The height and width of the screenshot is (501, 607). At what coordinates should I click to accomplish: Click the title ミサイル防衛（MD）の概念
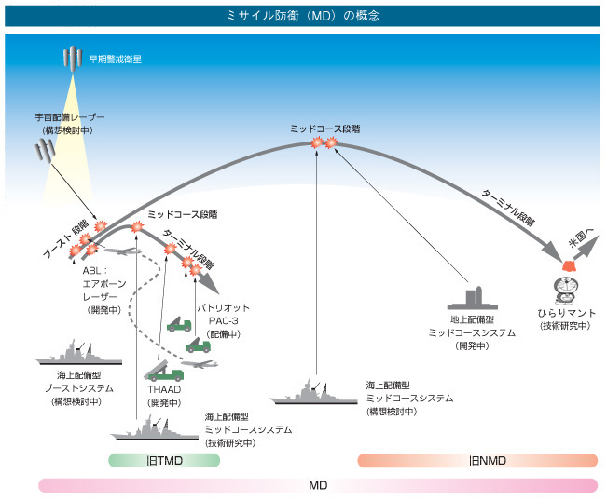tap(303, 16)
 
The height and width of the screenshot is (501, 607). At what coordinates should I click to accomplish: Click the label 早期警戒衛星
tap(116, 60)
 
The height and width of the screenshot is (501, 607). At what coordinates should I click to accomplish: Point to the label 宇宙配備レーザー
tap(64, 119)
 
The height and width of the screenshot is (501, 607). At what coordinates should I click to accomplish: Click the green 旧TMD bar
tap(164, 460)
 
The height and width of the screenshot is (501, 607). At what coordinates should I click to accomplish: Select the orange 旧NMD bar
tap(477, 460)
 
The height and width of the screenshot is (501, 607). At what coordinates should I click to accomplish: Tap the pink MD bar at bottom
tap(317, 485)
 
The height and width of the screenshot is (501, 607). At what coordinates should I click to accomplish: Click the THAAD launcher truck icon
tap(164, 367)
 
